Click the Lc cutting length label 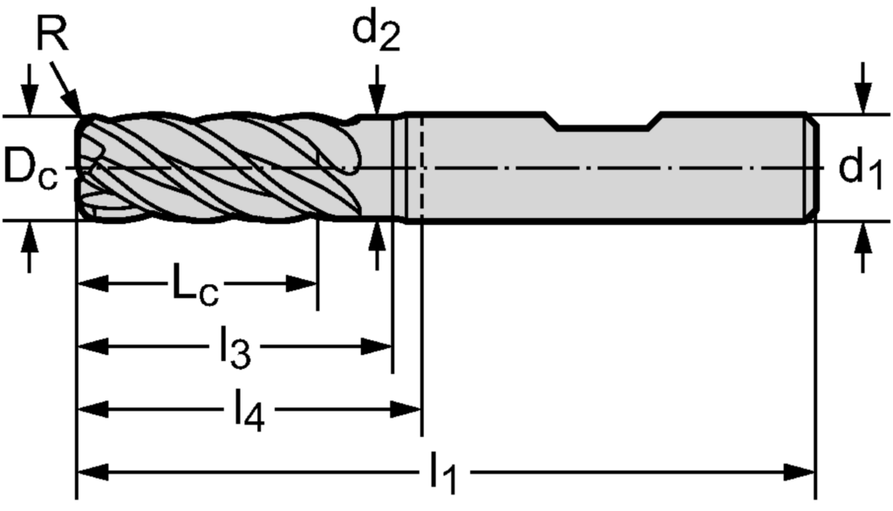click(x=194, y=287)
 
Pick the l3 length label click(x=234, y=350)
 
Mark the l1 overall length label click(x=443, y=474)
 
